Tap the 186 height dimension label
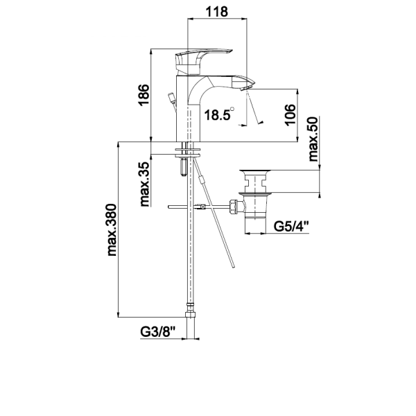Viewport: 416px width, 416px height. [144, 95]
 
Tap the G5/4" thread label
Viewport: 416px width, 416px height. [289, 227]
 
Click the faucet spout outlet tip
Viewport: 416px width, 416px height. [243, 83]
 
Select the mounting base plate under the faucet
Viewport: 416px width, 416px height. [189, 148]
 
